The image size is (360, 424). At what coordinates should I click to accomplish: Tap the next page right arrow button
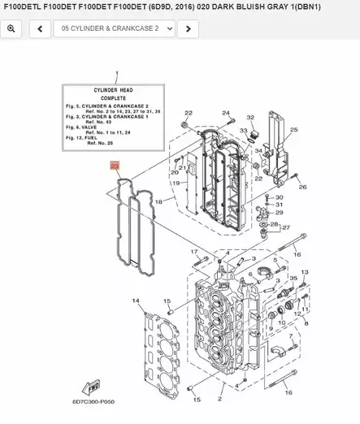click(x=188, y=28)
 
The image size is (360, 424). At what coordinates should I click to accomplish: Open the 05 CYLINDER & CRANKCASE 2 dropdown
click(x=115, y=28)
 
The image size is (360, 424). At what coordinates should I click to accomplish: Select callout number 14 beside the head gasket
click(x=136, y=302)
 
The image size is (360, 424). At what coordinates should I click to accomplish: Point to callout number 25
click(x=293, y=130)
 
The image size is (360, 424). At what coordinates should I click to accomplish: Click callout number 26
click(x=302, y=187)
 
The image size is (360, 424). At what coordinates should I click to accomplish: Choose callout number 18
click(x=158, y=201)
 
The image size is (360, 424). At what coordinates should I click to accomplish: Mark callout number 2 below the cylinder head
click(x=219, y=399)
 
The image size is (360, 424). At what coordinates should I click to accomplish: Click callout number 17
click(x=195, y=252)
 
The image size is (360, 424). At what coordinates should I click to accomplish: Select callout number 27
click(x=287, y=228)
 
